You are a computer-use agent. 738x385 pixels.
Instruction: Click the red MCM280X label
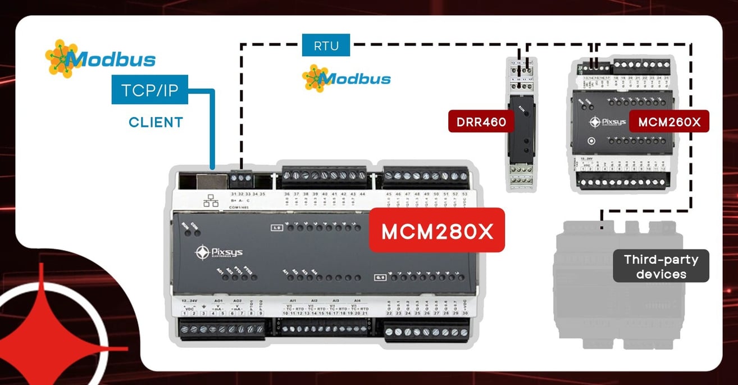tap(436, 231)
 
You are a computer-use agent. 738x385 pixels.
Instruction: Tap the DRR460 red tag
tap(481, 122)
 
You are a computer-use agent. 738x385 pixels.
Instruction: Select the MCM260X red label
tap(669, 122)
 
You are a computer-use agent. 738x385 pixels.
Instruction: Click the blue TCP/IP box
tap(149, 90)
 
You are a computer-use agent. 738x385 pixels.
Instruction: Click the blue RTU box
tap(326, 46)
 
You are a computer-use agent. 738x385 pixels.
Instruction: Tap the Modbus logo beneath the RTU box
tap(346, 78)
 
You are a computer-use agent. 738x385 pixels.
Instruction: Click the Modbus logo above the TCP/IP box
tap(100, 58)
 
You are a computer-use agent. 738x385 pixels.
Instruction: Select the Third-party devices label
tap(661, 266)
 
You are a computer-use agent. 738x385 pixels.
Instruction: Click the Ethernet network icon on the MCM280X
tap(211, 201)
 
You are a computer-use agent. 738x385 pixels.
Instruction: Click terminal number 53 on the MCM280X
tap(464, 194)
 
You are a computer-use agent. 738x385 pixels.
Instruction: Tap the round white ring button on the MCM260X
tap(590, 142)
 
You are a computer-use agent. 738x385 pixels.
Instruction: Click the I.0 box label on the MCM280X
tap(276, 228)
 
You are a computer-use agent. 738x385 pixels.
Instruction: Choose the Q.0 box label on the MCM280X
tap(380, 277)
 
